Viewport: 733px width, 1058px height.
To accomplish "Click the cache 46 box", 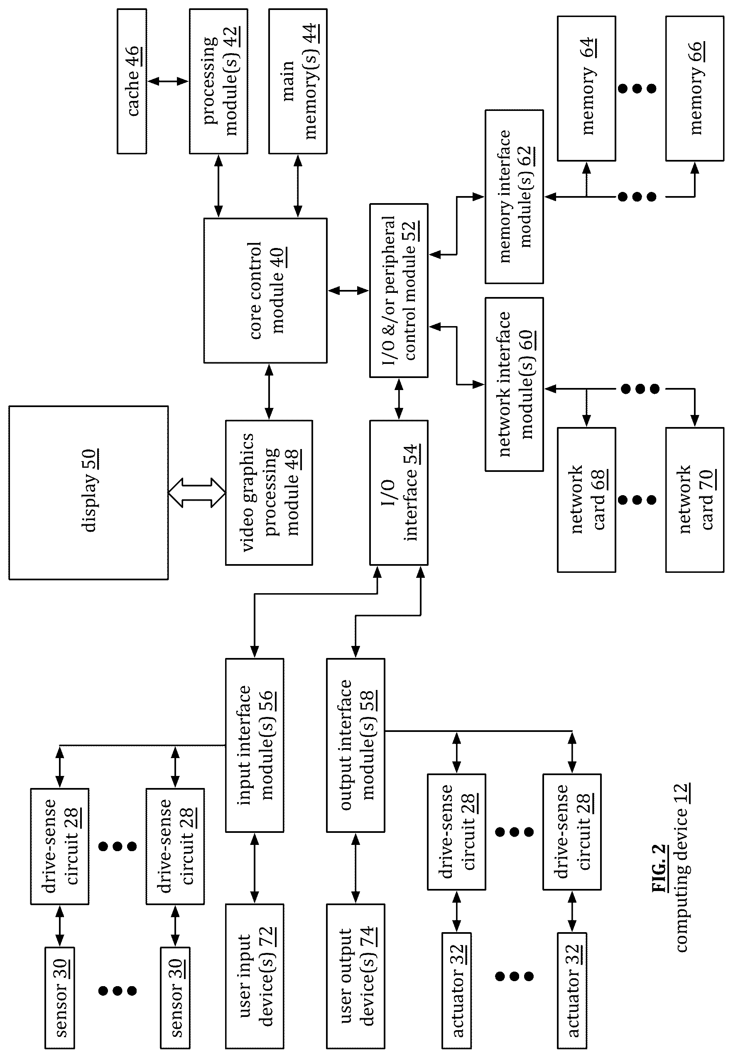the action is pyautogui.click(x=132, y=81).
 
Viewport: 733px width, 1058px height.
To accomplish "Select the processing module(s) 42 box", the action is pyautogui.click(x=218, y=81).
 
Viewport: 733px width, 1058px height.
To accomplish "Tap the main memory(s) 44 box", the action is pyautogui.click(x=298, y=81).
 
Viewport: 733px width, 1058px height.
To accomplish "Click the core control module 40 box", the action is pyautogui.click(x=265, y=291).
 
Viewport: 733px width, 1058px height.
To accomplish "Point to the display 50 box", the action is pyautogui.click(x=88, y=493).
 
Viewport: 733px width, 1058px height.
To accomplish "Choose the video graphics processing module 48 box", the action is pyautogui.click(x=269, y=493).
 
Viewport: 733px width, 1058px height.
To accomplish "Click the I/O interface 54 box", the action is pyautogui.click(x=399, y=493).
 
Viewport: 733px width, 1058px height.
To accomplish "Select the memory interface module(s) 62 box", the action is pyautogui.click(x=515, y=196).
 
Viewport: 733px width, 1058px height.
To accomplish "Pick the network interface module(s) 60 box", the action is pyautogui.click(x=515, y=385).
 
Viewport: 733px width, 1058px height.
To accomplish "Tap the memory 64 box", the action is pyautogui.click(x=586, y=88).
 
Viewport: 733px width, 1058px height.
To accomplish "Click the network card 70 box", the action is pyautogui.click(x=695, y=500).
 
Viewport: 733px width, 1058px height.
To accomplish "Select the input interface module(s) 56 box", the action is pyautogui.click(x=255, y=746).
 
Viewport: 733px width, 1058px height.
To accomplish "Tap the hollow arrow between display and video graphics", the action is pyautogui.click(x=197, y=493).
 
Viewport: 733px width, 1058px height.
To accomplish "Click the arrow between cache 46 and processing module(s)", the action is pyautogui.click(x=168, y=81).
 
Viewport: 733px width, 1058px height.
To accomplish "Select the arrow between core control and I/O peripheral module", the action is pyautogui.click(x=348, y=291).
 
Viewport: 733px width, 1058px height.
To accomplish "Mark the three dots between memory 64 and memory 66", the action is pyautogui.click(x=637, y=88).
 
